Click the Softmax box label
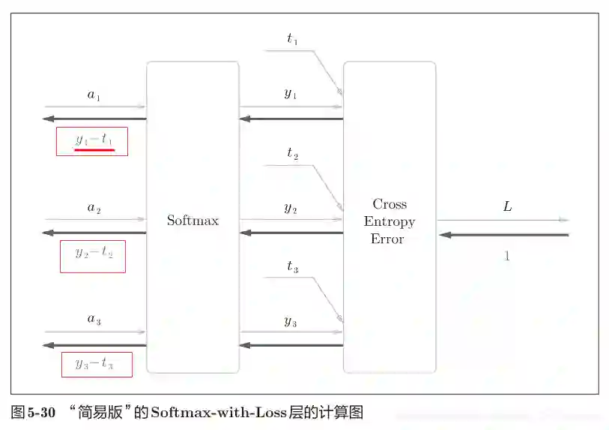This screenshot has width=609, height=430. click(193, 221)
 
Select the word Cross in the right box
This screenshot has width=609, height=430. click(390, 204)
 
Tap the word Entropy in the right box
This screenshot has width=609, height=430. click(390, 221)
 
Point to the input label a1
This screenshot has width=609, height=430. click(94, 95)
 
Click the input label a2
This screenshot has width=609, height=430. click(94, 209)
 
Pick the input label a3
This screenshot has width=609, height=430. click(94, 320)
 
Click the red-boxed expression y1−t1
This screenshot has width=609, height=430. click(93, 140)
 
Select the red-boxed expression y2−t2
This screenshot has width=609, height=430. click(93, 254)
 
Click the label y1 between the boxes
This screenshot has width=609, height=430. click(291, 94)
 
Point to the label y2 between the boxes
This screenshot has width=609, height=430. click(291, 208)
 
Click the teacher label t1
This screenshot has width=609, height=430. click(292, 40)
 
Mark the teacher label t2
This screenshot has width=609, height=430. click(292, 154)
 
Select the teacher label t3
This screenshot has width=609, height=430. click(292, 267)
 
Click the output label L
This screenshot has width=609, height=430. click(507, 206)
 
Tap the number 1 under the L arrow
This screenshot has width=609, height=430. click(507, 256)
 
